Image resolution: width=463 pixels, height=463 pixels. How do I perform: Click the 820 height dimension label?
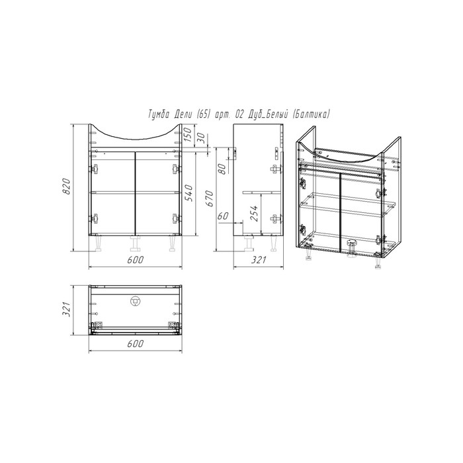click(66, 187)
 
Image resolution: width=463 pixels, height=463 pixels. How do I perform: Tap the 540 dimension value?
click(189, 193)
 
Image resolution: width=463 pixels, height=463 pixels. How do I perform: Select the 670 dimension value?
click(209, 198)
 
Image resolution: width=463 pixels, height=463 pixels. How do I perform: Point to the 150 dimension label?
click(189, 134)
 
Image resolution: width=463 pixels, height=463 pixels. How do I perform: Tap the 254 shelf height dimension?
click(253, 213)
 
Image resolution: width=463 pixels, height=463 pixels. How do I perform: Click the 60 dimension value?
click(224, 216)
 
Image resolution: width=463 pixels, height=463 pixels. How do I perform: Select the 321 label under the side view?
click(259, 260)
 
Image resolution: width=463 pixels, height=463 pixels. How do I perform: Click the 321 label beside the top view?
click(66, 310)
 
